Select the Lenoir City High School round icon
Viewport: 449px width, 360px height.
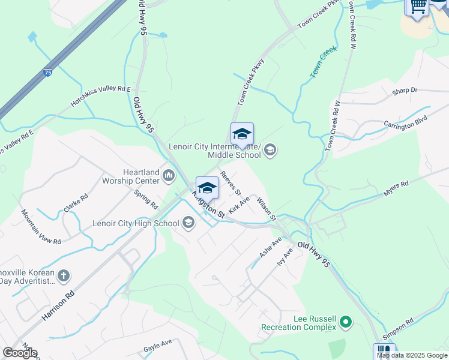[x=188, y=224]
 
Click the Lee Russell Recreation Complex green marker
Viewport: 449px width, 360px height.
[x=345, y=323]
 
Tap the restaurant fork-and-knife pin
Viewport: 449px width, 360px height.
[x=384, y=351]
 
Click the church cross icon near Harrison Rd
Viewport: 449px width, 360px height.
[x=64, y=276]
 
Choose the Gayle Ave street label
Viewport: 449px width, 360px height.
[x=158, y=345]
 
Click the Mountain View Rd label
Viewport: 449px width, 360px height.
[x=41, y=226]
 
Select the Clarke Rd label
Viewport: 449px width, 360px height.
[x=76, y=203]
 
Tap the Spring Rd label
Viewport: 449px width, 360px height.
[x=146, y=200]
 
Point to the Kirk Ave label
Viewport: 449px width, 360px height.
[x=239, y=206]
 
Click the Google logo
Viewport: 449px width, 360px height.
[x=20, y=353]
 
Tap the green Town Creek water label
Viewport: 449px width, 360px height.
[x=324, y=62]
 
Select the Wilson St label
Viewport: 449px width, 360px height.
[x=266, y=208]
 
